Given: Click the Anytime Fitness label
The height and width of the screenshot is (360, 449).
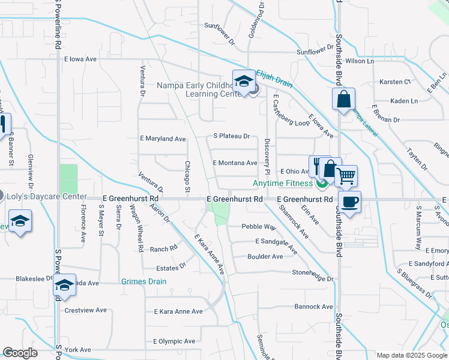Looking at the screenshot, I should click(283, 183).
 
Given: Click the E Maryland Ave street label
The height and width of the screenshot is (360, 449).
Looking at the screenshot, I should click(163, 139).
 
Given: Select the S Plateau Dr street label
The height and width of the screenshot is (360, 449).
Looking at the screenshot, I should click(232, 136).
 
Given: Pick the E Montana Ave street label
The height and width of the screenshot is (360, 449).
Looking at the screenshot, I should click(235, 163).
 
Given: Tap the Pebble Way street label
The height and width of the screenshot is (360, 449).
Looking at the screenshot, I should click(259, 227).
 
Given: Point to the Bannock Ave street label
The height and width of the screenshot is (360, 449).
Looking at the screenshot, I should click(313, 307).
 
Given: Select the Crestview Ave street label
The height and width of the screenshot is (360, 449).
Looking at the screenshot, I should click(85, 310).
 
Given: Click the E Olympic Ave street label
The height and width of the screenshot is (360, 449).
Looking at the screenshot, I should click(174, 341).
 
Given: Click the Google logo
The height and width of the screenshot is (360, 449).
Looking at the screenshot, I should click(20, 353).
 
